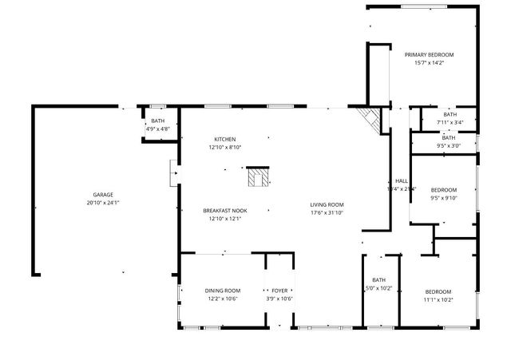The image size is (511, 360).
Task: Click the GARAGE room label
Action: click(102, 195)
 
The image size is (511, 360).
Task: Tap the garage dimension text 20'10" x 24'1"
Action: click(102, 203)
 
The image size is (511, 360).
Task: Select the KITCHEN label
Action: click(224, 139)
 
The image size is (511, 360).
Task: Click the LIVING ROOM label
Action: click(327, 204)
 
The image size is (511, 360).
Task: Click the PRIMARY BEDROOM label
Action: click(429, 54)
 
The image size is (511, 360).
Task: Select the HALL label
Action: click(402, 180)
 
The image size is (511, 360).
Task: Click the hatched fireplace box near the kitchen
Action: click(258, 177)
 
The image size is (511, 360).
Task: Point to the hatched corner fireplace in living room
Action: click(370, 119)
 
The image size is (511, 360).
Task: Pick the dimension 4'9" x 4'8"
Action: click(157, 128)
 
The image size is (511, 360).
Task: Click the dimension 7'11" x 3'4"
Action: click(449, 122)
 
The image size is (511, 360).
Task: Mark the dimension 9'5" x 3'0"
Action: click(449, 145)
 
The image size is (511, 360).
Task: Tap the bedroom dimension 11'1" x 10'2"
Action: click(438, 299)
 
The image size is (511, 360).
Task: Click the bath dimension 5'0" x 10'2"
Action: click(378, 288)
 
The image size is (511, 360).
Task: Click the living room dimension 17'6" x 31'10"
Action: click(327, 212)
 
